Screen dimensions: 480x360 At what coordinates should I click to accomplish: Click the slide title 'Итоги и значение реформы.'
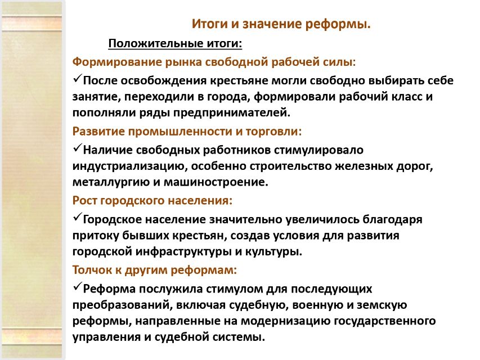point(281,24)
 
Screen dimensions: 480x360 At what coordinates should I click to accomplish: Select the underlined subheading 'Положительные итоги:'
point(175,43)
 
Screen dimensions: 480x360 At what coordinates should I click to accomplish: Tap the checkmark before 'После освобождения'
point(77,78)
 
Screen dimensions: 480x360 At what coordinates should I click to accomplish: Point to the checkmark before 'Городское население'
point(77,217)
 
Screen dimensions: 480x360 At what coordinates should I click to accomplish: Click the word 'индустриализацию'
point(130,166)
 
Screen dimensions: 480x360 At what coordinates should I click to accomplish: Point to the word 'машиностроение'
point(216,182)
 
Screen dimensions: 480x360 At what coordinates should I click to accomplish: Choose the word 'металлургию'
point(111,182)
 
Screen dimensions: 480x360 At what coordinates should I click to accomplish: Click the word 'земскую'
point(382,305)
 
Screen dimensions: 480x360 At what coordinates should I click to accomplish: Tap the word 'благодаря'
point(392,220)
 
